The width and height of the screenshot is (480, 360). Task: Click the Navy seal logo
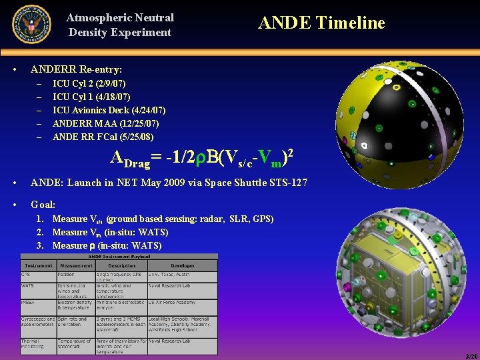31,24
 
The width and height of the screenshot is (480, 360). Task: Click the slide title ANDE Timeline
321,23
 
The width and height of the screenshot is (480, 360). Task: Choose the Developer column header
181,265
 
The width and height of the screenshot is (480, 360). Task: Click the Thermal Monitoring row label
33,344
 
